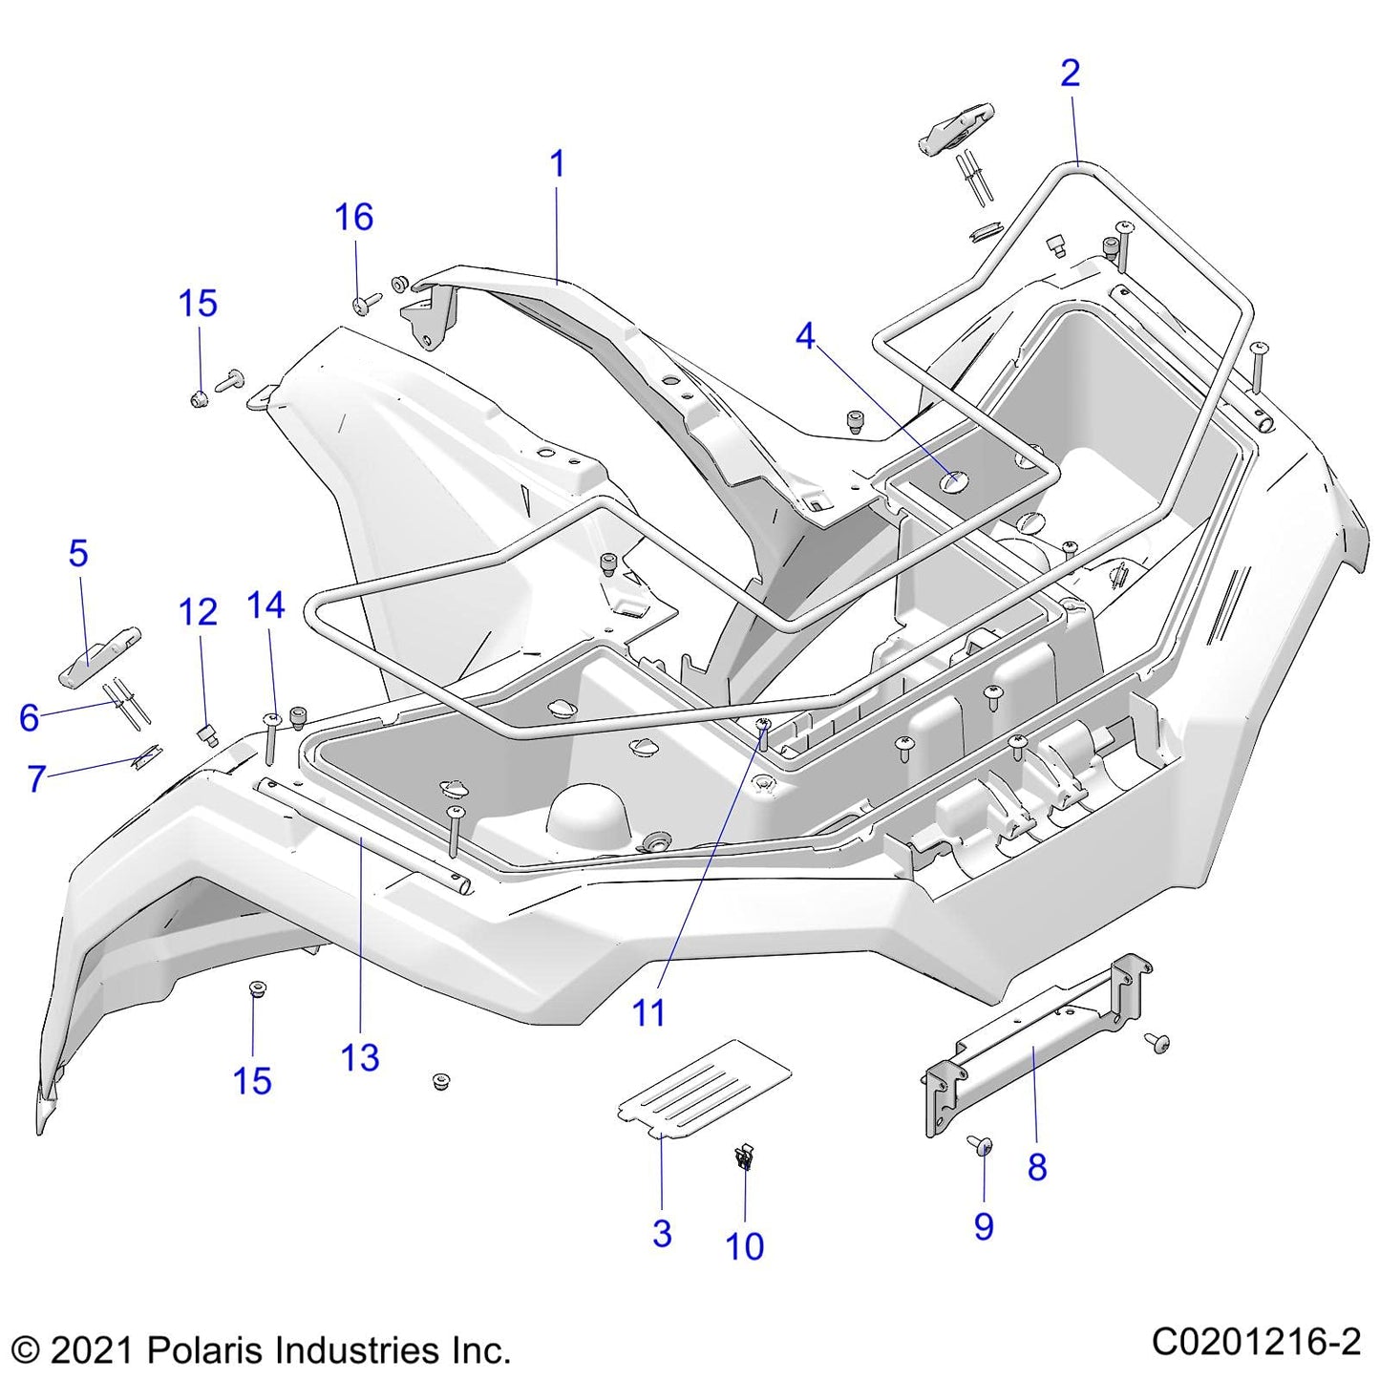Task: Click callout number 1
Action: coord(558,164)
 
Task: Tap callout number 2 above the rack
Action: coord(1070,74)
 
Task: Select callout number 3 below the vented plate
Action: coord(662,1233)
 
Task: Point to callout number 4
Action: coord(806,336)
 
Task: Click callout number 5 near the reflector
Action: coord(78,554)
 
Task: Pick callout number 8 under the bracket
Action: coord(1037,1166)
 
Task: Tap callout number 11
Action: coord(648,1013)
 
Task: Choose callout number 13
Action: coord(360,1058)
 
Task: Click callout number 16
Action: coord(353,218)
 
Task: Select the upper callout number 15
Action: coord(198,304)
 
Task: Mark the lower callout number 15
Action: coord(252,1081)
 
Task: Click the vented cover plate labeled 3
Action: coord(705,1085)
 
